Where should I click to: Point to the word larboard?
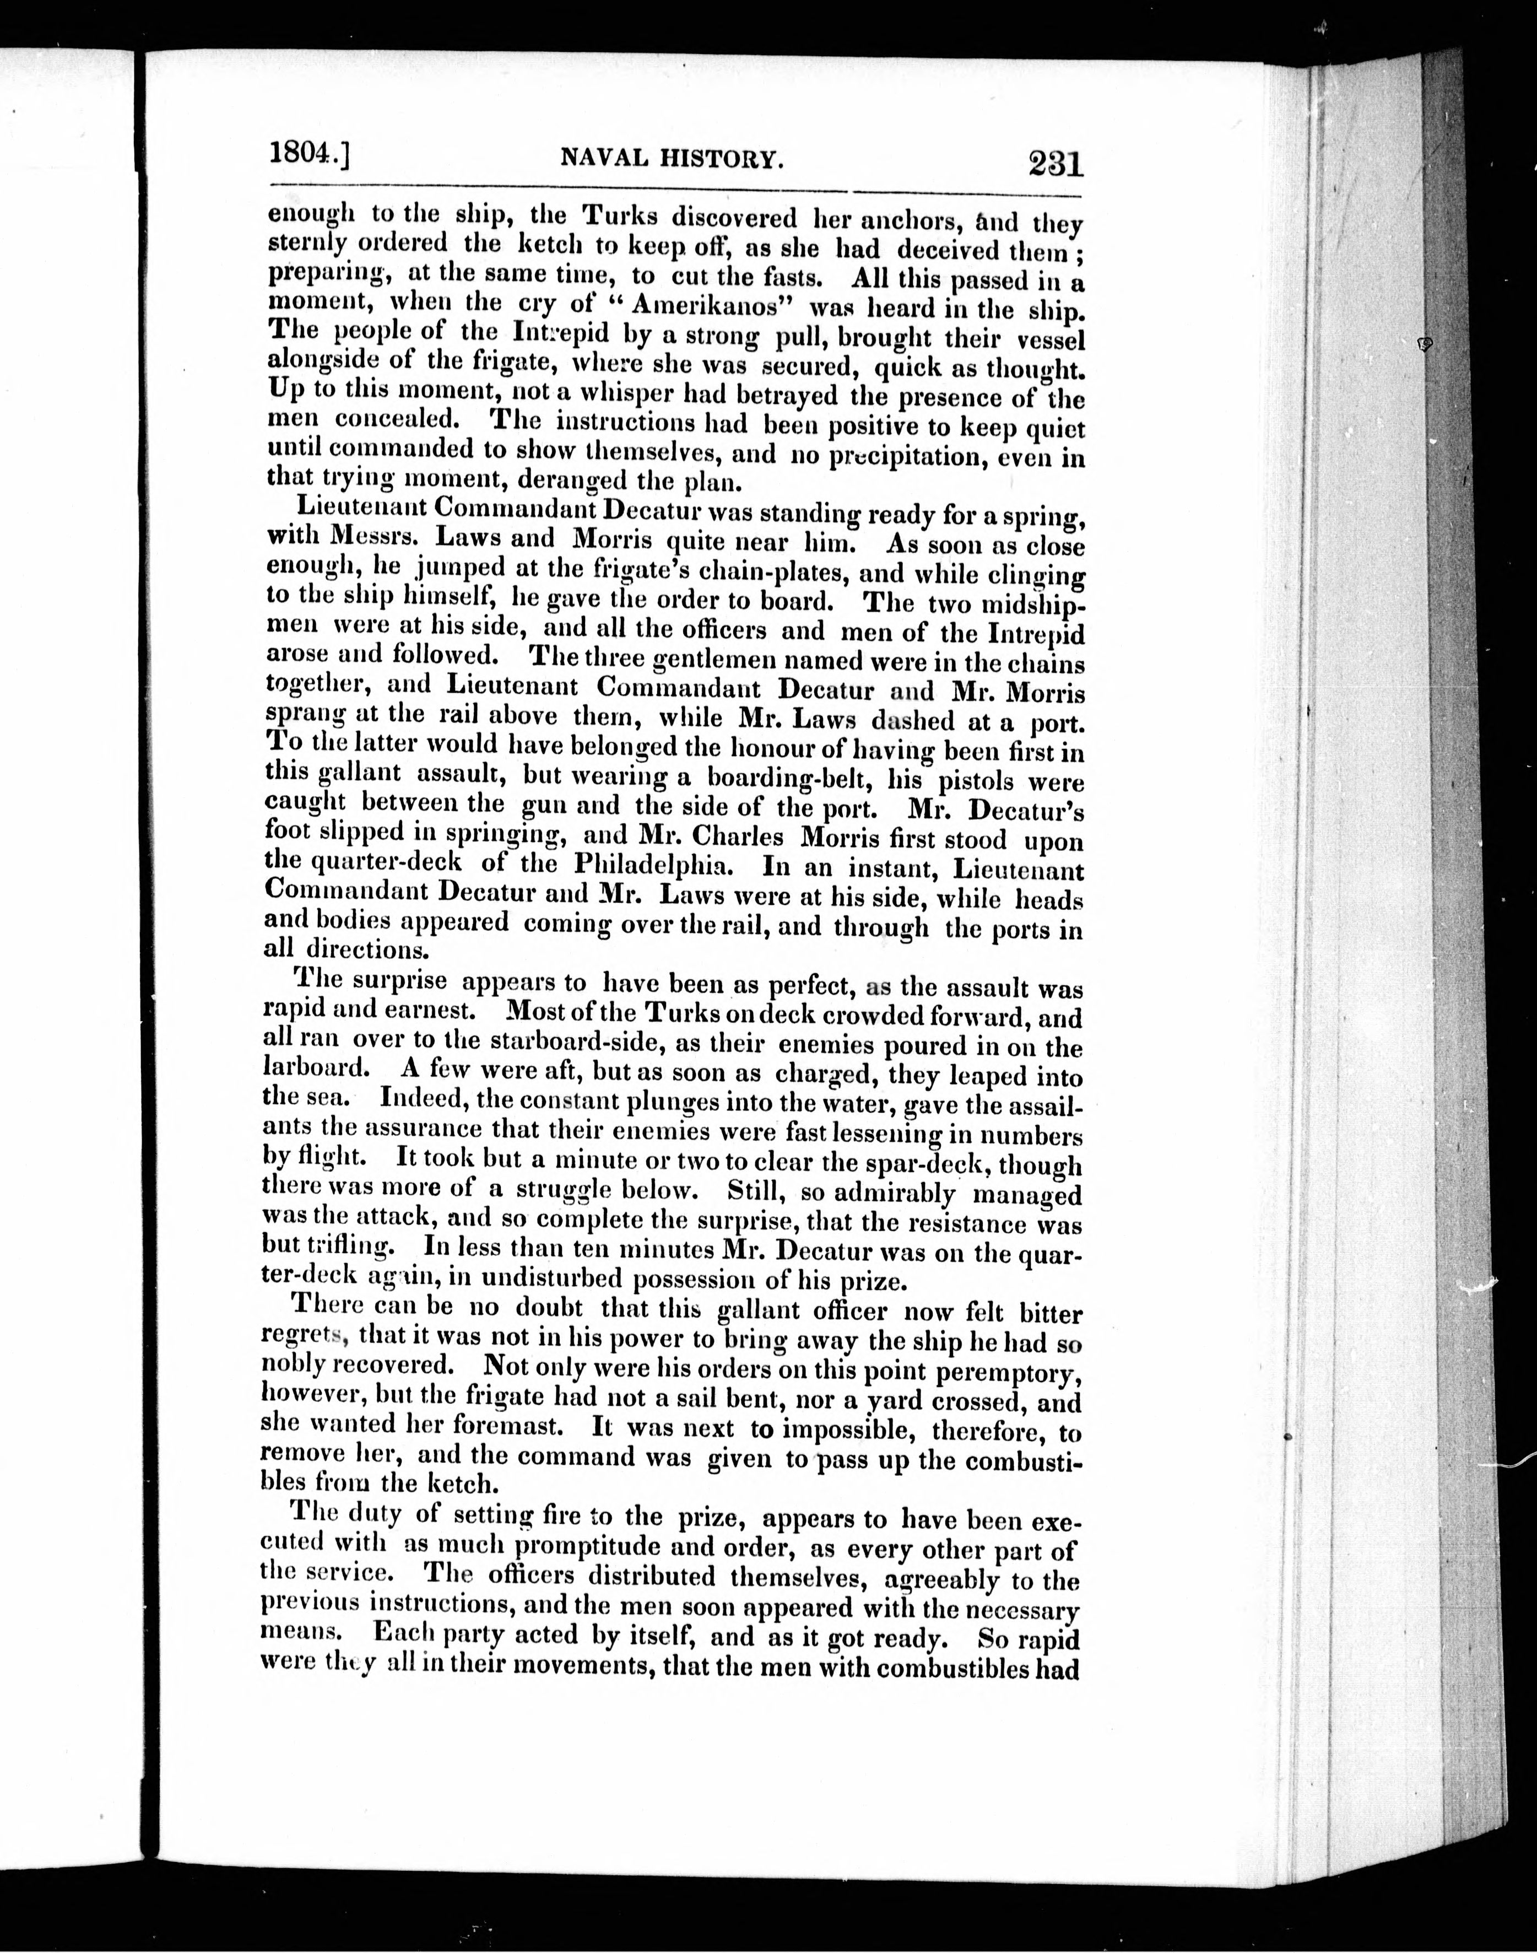pyautogui.click(x=314, y=1070)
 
